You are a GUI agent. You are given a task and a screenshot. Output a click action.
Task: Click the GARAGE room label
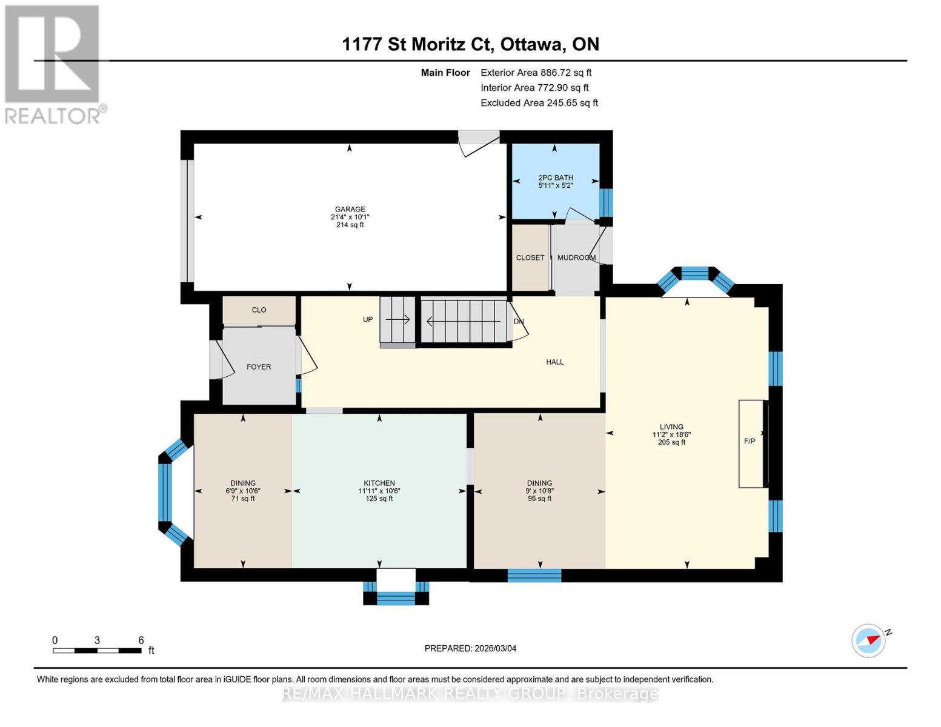pyautogui.click(x=350, y=210)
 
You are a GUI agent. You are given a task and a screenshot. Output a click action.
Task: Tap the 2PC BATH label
pyautogui.click(x=555, y=178)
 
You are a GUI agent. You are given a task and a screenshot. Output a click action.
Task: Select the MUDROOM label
pyautogui.click(x=576, y=257)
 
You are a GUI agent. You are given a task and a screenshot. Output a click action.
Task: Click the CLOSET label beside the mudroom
pyautogui.click(x=530, y=257)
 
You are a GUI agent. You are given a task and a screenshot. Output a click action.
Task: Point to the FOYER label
pyautogui.click(x=259, y=367)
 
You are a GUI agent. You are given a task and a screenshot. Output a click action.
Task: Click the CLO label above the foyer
pyautogui.click(x=259, y=310)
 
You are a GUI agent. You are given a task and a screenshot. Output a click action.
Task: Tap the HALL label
pyautogui.click(x=554, y=362)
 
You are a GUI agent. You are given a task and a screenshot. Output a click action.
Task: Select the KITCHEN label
pyautogui.click(x=379, y=483)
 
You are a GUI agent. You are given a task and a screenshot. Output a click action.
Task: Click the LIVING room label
pyautogui.click(x=671, y=427)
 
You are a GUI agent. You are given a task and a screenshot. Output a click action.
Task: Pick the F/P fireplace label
pyautogui.click(x=750, y=441)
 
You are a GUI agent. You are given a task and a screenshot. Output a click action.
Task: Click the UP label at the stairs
pyautogui.click(x=368, y=319)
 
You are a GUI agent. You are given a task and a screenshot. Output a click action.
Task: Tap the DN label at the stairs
pyautogui.click(x=519, y=322)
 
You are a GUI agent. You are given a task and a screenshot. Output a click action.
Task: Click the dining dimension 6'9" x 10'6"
pyautogui.click(x=243, y=491)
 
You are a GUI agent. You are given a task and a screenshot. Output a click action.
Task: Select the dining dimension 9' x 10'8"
pyautogui.click(x=539, y=491)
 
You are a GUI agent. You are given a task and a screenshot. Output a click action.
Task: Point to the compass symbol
pyautogui.click(x=869, y=640)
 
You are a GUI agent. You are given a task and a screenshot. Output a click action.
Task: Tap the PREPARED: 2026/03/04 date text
pyautogui.click(x=470, y=648)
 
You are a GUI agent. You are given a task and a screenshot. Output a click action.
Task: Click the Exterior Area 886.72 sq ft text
pyautogui.click(x=536, y=72)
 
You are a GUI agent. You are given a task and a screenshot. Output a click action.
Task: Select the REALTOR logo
pyautogui.click(x=53, y=64)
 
